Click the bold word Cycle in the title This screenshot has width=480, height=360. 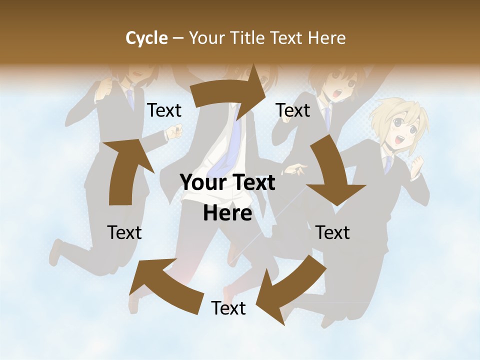click(146, 38)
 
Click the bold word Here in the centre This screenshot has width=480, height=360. click(227, 213)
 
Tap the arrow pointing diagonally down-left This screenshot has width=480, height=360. click(290, 287)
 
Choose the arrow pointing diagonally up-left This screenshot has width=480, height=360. click(165, 285)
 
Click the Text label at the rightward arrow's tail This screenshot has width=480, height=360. click(164, 110)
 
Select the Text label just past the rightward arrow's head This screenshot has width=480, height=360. click(293, 110)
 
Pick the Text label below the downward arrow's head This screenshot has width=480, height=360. click(332, 232)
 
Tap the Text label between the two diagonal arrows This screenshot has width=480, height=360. click(228, 308)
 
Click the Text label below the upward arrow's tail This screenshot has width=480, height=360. click(124, 232)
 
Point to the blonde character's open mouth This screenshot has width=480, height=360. click(399, 139)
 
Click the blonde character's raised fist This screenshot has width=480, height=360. click(416, 165)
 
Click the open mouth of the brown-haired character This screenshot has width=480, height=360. click(338, 93)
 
